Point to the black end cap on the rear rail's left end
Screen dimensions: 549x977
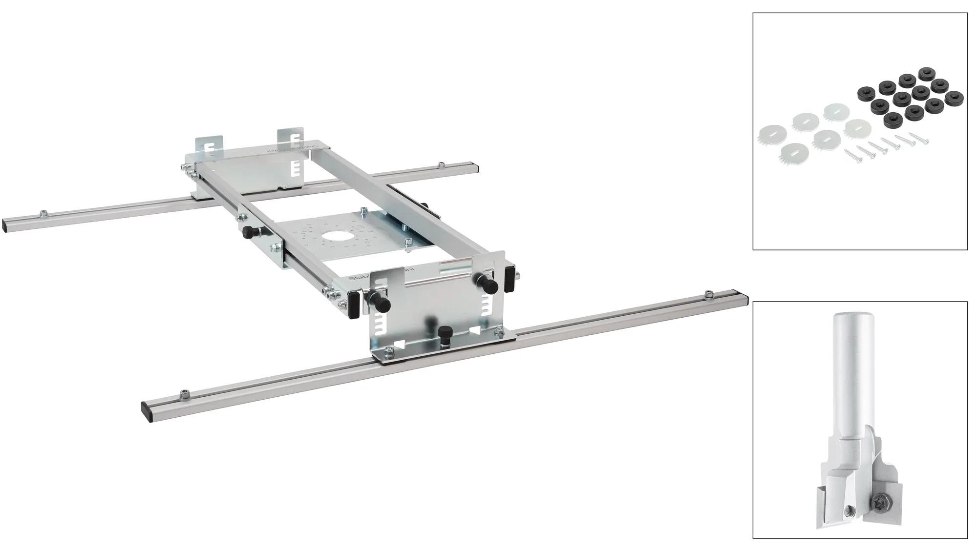(5, 225)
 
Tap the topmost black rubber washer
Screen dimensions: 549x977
(925, 74)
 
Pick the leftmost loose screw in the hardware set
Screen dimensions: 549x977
(854, 155)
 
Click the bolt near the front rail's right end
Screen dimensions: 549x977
(707, 293)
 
